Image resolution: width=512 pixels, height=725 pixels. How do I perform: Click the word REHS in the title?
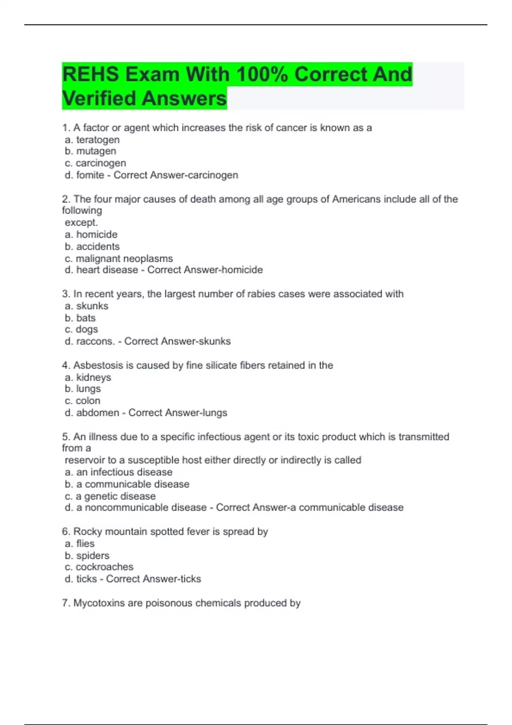[x=90, y=74]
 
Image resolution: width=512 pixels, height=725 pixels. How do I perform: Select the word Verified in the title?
[x=99, y=98]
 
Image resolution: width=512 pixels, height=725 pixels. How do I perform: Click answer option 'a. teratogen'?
[x=92, y=139]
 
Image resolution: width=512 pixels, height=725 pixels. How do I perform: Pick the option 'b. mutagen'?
[x=90, y=151]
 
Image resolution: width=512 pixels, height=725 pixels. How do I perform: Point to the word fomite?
[x=90, y=175]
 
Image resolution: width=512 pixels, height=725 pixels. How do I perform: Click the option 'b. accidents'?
[x=92, y=246]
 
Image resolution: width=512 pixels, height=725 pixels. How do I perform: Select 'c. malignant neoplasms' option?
[x=119, y=258]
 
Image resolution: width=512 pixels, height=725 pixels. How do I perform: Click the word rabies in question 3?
[x=262, y=294]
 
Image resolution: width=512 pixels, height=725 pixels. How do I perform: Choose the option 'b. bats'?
[x=80, y=318]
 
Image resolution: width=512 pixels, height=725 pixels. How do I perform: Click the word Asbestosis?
[x=98, y=365]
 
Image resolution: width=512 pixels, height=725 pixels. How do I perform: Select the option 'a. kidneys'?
[x=88, y=377]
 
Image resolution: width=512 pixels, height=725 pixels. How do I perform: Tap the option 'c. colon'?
[x=82, y=400]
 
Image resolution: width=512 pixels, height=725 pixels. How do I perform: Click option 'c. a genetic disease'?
[x=110, y=496]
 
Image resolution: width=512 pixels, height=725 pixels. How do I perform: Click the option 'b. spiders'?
[x=87, y=556]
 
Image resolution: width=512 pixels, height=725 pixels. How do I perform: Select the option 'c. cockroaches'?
[x=99, y=567]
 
